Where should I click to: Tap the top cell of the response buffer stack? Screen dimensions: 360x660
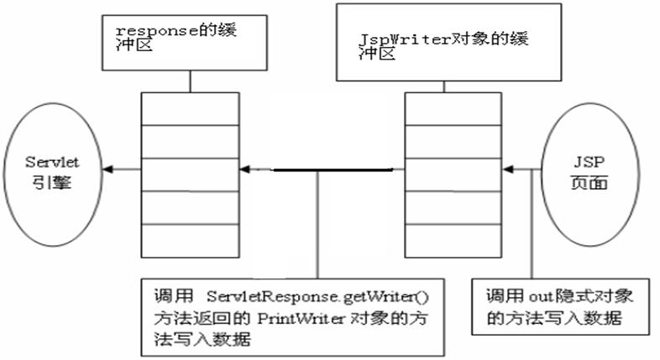[190, 107]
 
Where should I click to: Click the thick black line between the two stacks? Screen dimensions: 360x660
[332, 170]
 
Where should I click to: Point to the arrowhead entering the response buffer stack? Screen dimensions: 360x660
[244, 170]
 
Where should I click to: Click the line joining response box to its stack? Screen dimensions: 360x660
[191, 81]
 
